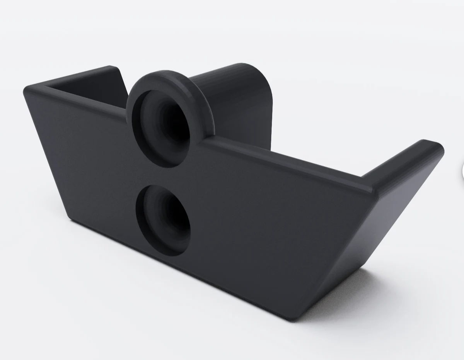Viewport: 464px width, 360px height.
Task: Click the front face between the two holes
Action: [x=166, y=174]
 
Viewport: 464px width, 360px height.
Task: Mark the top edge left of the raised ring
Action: [x=77, y=98]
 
